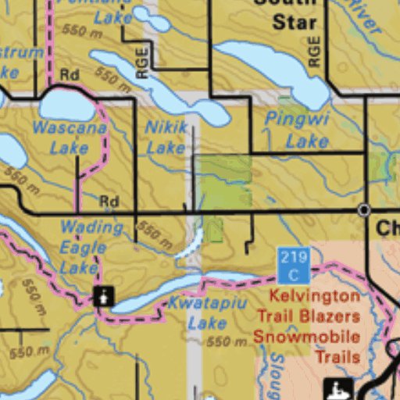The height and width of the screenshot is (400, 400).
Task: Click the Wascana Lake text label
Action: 70,137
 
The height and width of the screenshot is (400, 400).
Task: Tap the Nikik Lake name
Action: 166,136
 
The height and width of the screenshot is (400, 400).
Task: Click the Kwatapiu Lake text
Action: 198,312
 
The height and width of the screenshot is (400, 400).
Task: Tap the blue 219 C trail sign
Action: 294,266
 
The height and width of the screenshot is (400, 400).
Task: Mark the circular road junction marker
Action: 363,210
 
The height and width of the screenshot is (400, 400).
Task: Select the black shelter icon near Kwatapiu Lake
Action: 103,296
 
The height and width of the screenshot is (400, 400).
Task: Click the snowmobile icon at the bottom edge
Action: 338,388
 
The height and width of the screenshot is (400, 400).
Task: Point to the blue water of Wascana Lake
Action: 66,105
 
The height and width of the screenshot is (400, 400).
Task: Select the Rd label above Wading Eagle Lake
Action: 109,202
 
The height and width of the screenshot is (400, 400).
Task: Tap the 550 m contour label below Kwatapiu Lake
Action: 227,341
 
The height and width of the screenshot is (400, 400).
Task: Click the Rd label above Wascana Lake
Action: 69,75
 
